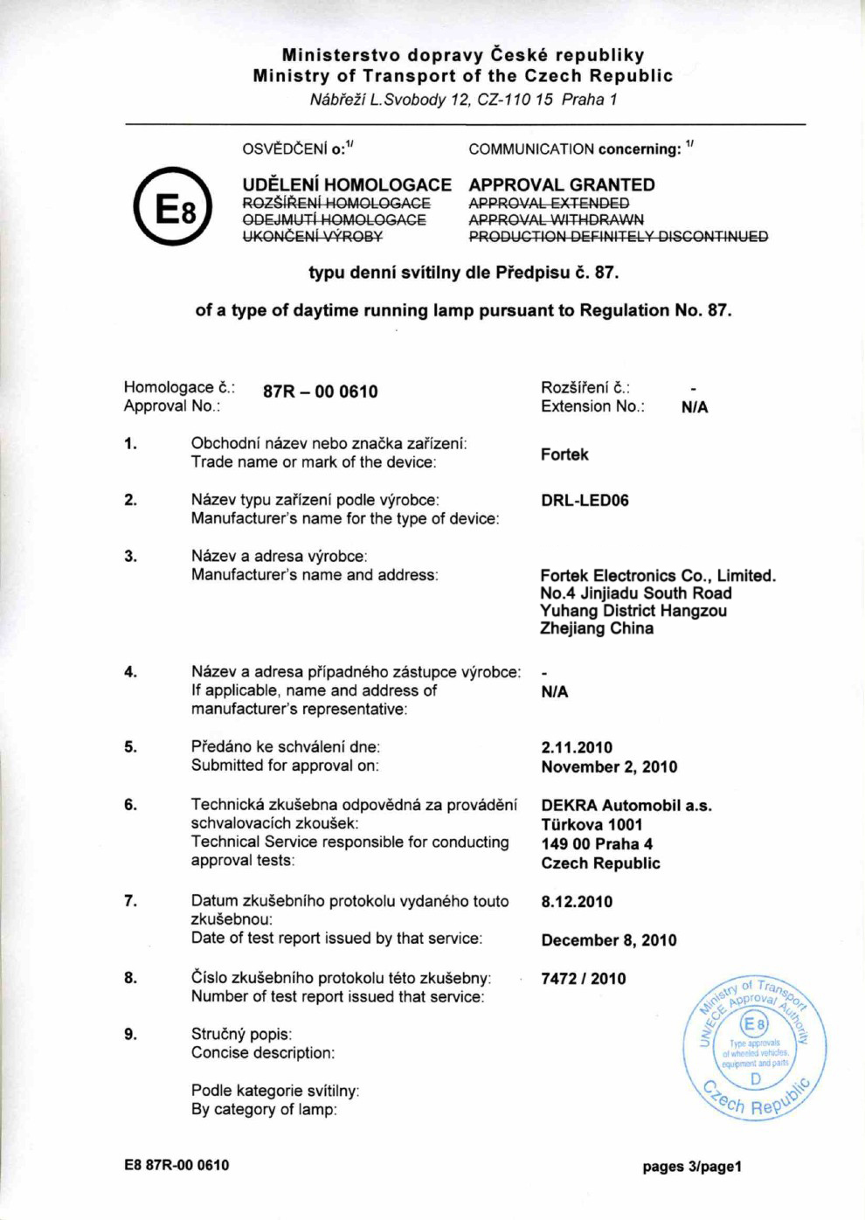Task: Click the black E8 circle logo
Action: (173, 206)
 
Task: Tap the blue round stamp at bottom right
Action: (755, 1050)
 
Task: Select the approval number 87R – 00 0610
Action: (320, 392)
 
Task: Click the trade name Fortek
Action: (564, 454)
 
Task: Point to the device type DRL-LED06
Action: (585, 501)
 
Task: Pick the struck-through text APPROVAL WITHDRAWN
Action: (556, 219)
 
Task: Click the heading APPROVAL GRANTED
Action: (562, 184)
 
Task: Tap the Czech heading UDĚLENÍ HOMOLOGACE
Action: (347, 184)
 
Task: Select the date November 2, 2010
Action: (609, 767)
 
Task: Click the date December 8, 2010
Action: (609, 940)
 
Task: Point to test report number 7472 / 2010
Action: (584, 979)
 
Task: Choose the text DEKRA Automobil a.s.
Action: (626, 806)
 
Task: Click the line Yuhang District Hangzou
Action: (633, 611)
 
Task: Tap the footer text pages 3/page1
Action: (692, 1167)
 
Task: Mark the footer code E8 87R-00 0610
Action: (176, 1165)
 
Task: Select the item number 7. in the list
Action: (130, 901)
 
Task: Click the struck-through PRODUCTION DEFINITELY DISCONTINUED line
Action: (619, 237)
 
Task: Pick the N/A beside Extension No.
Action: (695, 407)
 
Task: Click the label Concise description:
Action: (263, 1053)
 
